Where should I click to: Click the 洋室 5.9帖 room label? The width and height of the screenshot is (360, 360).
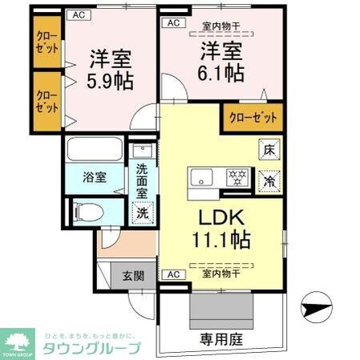111,70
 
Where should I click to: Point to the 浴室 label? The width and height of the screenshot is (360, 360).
95,177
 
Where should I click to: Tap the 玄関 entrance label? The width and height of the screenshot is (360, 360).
133,276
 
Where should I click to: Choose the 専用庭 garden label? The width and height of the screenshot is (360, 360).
216,339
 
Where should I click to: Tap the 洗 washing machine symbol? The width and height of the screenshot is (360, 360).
142,213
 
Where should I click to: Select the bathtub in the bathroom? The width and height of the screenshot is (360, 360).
94,150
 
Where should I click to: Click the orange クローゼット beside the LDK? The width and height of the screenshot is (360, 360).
253,118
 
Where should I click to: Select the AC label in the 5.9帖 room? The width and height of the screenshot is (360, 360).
79,14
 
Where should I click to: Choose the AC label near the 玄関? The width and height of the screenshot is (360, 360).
172,275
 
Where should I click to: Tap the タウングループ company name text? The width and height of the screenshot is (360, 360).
92,348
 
